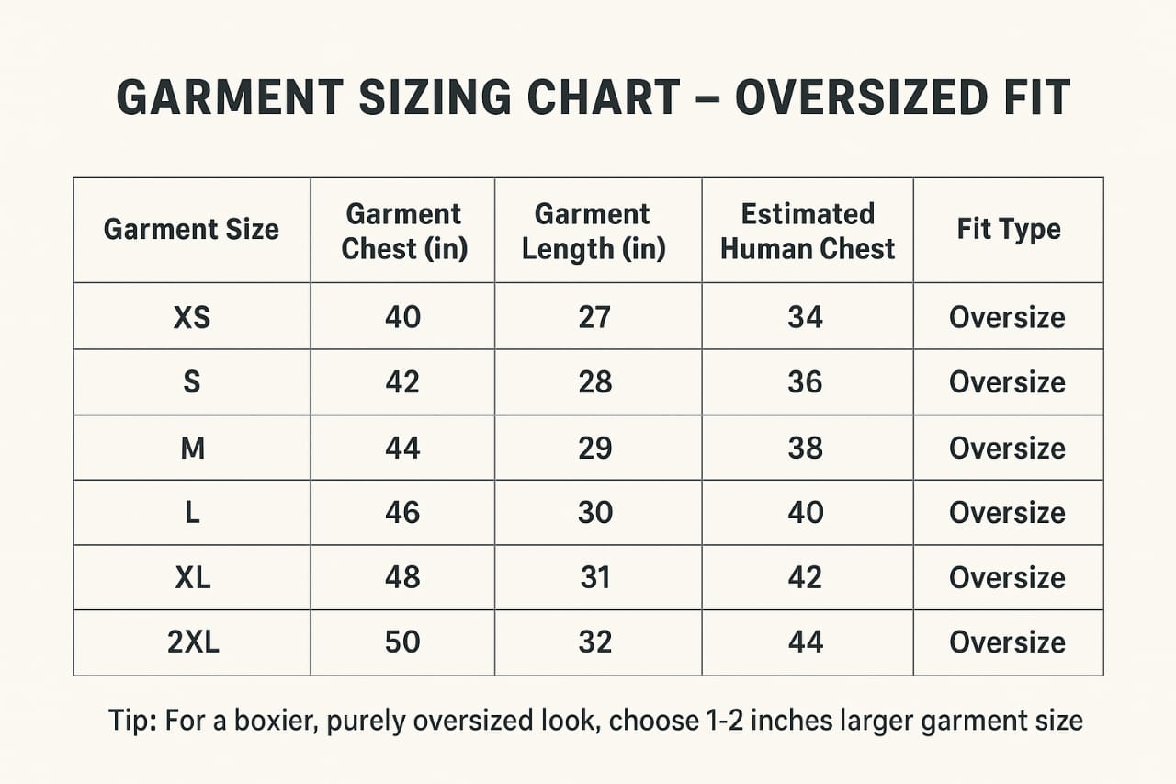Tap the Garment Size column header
(191, 229)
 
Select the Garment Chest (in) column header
(404, 231)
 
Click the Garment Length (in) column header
(594, 231)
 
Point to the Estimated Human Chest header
(807, 231)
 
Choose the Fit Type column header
(1008, 229)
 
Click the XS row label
(191, 317)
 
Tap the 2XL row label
(193, 642)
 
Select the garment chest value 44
(402, 448)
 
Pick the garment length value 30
(594, 512)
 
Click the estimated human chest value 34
(806, 317)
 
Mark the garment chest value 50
(402, 642)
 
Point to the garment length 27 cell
(594, 317)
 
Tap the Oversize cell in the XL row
(1007, 577)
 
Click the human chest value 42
(806, 577)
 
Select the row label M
(192, 448)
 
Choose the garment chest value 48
(402, 577)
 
